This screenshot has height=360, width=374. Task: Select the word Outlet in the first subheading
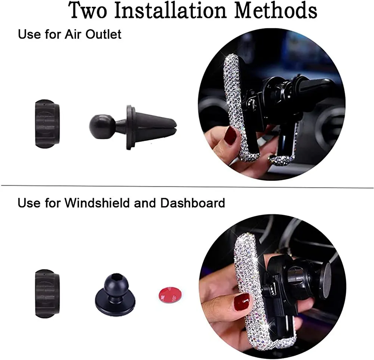tap(104, 34)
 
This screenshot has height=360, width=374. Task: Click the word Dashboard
tap(193, 203)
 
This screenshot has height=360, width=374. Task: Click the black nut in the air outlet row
tap(47, 124)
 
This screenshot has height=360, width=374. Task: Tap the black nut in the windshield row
tap(47, 294)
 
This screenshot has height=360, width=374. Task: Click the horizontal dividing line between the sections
tap(187, 186)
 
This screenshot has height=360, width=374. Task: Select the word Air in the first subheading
tap(73, 34)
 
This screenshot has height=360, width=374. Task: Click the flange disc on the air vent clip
tap(129, 128)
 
